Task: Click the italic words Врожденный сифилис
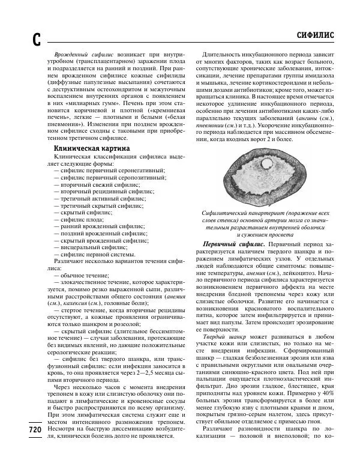[x=82, y=54]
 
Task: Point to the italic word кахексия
[x=79, y=304]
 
